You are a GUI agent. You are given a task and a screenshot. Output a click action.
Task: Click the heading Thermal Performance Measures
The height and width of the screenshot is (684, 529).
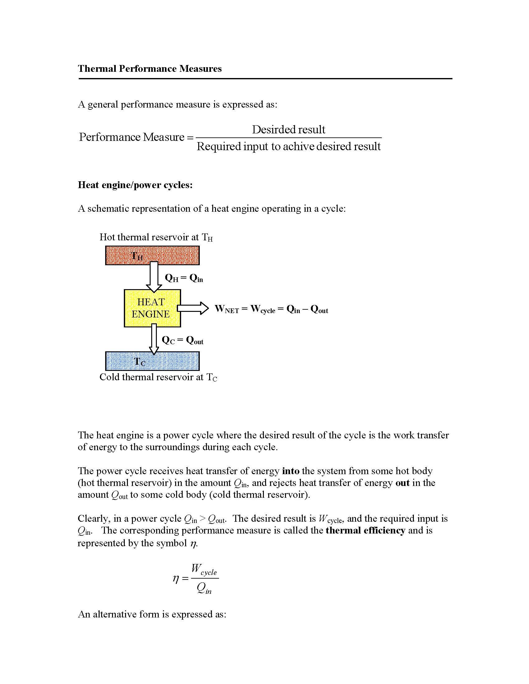pos(149,69)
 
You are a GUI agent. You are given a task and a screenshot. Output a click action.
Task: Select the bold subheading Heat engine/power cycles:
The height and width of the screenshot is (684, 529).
pos(135,185)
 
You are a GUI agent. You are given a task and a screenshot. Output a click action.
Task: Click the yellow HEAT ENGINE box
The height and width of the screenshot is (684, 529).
pos(152,308)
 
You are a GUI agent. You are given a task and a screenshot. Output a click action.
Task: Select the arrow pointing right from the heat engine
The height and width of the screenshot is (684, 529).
pos(193,308)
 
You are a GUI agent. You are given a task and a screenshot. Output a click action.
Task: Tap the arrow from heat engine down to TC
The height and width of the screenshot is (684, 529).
pos(153,339)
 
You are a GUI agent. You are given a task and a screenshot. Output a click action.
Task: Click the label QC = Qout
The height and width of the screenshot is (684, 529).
pos(182,340)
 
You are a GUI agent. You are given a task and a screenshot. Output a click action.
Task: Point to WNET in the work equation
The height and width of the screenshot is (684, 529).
pos(227,309)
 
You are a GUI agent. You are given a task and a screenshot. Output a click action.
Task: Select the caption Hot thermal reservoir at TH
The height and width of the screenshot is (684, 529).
pos(156,237)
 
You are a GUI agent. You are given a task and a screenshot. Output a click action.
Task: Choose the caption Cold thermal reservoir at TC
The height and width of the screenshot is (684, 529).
pos(158,377)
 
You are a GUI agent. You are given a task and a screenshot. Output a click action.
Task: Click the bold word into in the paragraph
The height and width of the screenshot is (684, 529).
pos(291,471)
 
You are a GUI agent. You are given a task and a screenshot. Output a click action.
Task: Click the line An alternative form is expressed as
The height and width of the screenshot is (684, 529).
pos(152,614)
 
